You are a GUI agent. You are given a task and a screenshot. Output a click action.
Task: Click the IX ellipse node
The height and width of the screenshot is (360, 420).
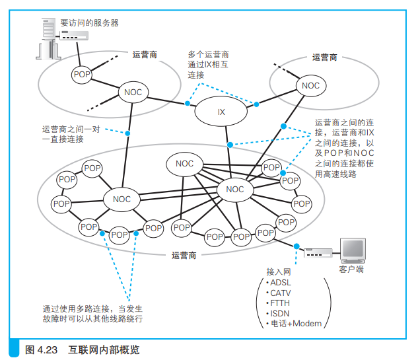coord(221,111)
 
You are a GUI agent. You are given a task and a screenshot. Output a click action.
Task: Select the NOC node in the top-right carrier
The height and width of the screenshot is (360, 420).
coord(311,85)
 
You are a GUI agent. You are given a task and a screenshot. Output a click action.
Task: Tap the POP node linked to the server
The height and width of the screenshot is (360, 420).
coord(82,75)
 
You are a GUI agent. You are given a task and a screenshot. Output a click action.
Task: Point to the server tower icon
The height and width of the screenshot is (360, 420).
coord(48,39)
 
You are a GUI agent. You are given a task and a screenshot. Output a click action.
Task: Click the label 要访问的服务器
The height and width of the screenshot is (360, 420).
coord(89,23)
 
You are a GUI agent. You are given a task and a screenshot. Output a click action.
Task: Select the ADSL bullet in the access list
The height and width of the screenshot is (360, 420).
coord(279,283)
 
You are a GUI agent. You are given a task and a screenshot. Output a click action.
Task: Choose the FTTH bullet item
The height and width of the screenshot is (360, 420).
coord(278,303)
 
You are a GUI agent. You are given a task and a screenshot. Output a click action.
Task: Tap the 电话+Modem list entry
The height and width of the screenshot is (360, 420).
coord(294,324)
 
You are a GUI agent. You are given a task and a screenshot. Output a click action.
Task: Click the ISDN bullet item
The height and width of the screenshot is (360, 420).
coord(278,313)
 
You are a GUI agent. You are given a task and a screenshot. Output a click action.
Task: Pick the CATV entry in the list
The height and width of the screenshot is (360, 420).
coord(279,293)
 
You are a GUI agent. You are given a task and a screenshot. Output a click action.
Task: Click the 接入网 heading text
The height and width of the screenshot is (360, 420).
coord(279,272)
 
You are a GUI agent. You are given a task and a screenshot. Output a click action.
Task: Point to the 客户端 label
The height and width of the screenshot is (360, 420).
coord(351,270)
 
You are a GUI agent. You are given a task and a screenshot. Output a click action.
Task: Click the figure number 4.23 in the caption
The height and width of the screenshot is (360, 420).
coord(48,350)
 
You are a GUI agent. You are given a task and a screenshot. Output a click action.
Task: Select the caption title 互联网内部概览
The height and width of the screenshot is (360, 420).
coord(104,350)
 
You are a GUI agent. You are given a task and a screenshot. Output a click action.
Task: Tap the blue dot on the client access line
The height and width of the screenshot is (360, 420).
coord(297,246)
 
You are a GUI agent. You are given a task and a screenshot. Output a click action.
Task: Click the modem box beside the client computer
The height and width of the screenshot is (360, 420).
coord(318,253)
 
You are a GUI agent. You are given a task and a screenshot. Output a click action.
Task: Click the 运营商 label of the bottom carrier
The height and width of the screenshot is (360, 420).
coord(184,256)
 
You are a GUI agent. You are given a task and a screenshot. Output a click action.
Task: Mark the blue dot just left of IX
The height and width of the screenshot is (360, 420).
coord(188,103)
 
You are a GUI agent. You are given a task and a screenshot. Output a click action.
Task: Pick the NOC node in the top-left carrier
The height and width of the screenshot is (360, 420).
coord(133,92)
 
